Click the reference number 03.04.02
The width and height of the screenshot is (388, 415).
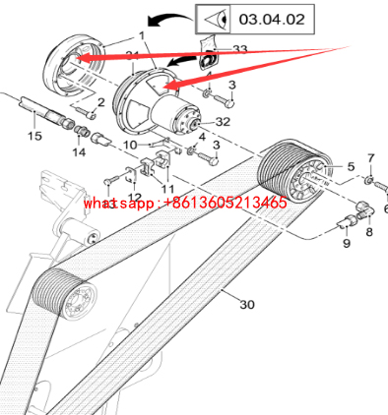[272, 20]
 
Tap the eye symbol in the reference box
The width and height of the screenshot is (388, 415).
[216, 20]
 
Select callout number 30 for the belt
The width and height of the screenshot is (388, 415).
[247, 305]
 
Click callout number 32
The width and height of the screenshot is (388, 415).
[223, 122]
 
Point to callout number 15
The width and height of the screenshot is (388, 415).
[34, 136]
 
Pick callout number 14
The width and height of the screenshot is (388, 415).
[79, 152]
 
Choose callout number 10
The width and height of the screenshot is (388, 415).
[130, 145]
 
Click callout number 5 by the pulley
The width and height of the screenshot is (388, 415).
[351, 166]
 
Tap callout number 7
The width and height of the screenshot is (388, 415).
[371, 158]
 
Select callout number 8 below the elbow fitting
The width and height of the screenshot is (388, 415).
[369, 232]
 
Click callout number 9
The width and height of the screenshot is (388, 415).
[347, 243]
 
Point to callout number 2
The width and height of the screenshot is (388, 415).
[100, 102]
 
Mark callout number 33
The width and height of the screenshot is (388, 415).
[239, 49]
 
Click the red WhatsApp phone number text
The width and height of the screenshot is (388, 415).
[185, 203]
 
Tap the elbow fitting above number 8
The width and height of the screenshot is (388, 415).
[364, 209]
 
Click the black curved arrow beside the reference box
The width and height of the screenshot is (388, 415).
[170, 19]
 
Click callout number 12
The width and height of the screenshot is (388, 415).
[134, 197]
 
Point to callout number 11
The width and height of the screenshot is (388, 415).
[167, 189]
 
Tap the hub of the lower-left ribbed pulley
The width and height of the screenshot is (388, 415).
[79, 301]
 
